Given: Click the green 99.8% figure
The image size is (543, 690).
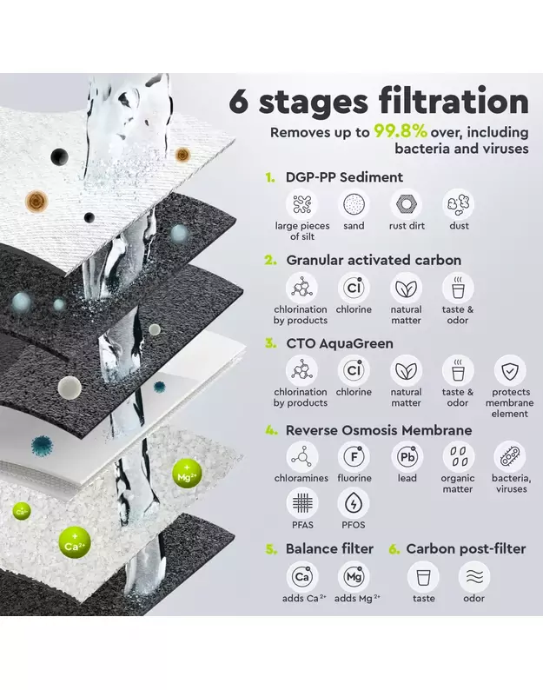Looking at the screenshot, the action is [x=401, y=131].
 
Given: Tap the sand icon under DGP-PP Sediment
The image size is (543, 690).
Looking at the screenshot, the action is [x=354, y=204].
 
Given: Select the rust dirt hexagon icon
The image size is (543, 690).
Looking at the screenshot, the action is [x=406, y=204].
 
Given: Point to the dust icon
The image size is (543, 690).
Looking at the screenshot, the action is [x=458, y=204].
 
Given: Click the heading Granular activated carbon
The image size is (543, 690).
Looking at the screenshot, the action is [x=374, y=260].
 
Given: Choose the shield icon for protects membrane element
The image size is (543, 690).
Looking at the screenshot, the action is [x=510, y=370].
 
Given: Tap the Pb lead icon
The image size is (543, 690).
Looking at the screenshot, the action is [x=407, y=457].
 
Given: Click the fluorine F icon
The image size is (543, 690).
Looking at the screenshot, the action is [x=354, y=457].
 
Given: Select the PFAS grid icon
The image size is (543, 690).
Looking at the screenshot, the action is [x=302, y=503].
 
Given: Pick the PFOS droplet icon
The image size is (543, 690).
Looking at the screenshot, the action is [x=354, y=503].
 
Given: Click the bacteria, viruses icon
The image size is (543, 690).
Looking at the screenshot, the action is [x=510, y=457].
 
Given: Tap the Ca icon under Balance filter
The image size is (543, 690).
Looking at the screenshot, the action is [x=302, y=577].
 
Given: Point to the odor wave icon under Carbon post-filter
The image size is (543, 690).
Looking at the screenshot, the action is [x=473, y=577].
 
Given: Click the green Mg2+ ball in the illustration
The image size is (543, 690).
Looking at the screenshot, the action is [x=187, y=474].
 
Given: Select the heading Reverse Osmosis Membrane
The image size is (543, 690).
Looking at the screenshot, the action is [x=379, y=430].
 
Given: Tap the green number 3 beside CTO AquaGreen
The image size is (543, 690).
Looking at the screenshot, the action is [x=270, y=343].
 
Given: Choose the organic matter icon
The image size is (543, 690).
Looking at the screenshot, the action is [x=458, y=457].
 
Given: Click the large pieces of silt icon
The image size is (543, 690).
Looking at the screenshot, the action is [x=302, y=204].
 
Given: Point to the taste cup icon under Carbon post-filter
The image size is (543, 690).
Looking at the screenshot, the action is [x=423, y=577].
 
